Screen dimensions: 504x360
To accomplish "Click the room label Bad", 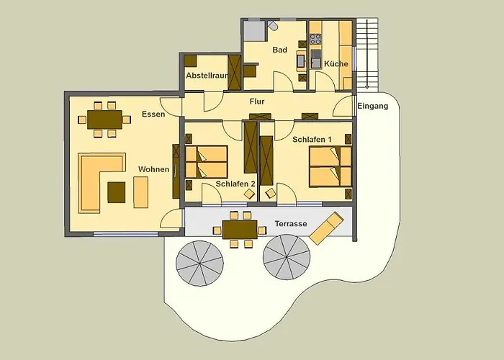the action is tap(279, 50).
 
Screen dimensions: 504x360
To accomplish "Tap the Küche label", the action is tap(336, 63).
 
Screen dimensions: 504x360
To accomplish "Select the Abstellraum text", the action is tap(207, 76).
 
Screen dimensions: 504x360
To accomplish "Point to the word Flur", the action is tap(257, 102).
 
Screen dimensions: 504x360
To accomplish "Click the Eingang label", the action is tap(373, 106).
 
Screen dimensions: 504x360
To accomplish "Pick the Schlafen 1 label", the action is tap(312, 140).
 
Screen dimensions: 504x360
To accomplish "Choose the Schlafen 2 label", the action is tap(235, 184).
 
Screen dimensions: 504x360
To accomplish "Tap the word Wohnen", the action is tap(153, 169).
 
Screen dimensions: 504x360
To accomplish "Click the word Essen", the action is tap(153, 114).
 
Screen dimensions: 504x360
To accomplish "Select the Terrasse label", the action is tap(291, 224).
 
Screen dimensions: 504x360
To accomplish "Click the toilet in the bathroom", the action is tap(273, 26).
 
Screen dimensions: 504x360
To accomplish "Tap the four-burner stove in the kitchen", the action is tap(315, 39).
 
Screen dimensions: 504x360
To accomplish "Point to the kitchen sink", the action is tap(315, 63).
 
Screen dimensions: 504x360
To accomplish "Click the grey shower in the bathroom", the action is tap(254, 30).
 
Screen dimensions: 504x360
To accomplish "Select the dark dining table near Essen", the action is tap(105, 120).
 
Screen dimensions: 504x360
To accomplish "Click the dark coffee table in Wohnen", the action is tap(117, 192).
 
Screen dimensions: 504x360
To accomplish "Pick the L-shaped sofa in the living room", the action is tap(90, 180).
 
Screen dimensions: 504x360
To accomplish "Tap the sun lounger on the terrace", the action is tap(326, 228).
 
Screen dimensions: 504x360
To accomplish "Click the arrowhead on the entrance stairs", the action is tap(366, 86).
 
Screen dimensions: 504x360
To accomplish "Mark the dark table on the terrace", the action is tap(240, 230).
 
